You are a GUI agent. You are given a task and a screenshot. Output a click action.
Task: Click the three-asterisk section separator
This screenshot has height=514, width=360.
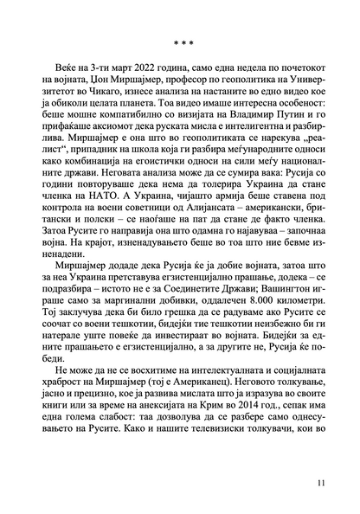179,40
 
